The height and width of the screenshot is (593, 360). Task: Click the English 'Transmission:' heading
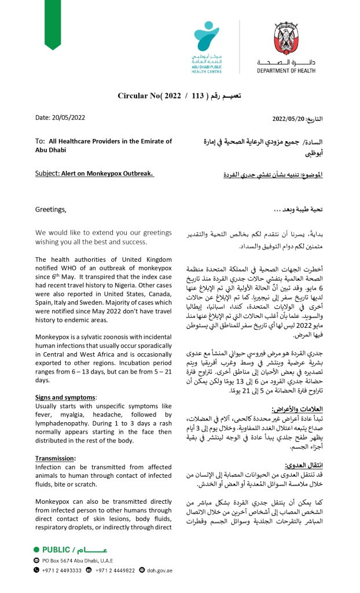click(56, 442)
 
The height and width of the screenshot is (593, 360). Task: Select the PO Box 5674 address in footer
click(78, 561)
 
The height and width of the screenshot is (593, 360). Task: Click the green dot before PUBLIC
click(37, 549)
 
